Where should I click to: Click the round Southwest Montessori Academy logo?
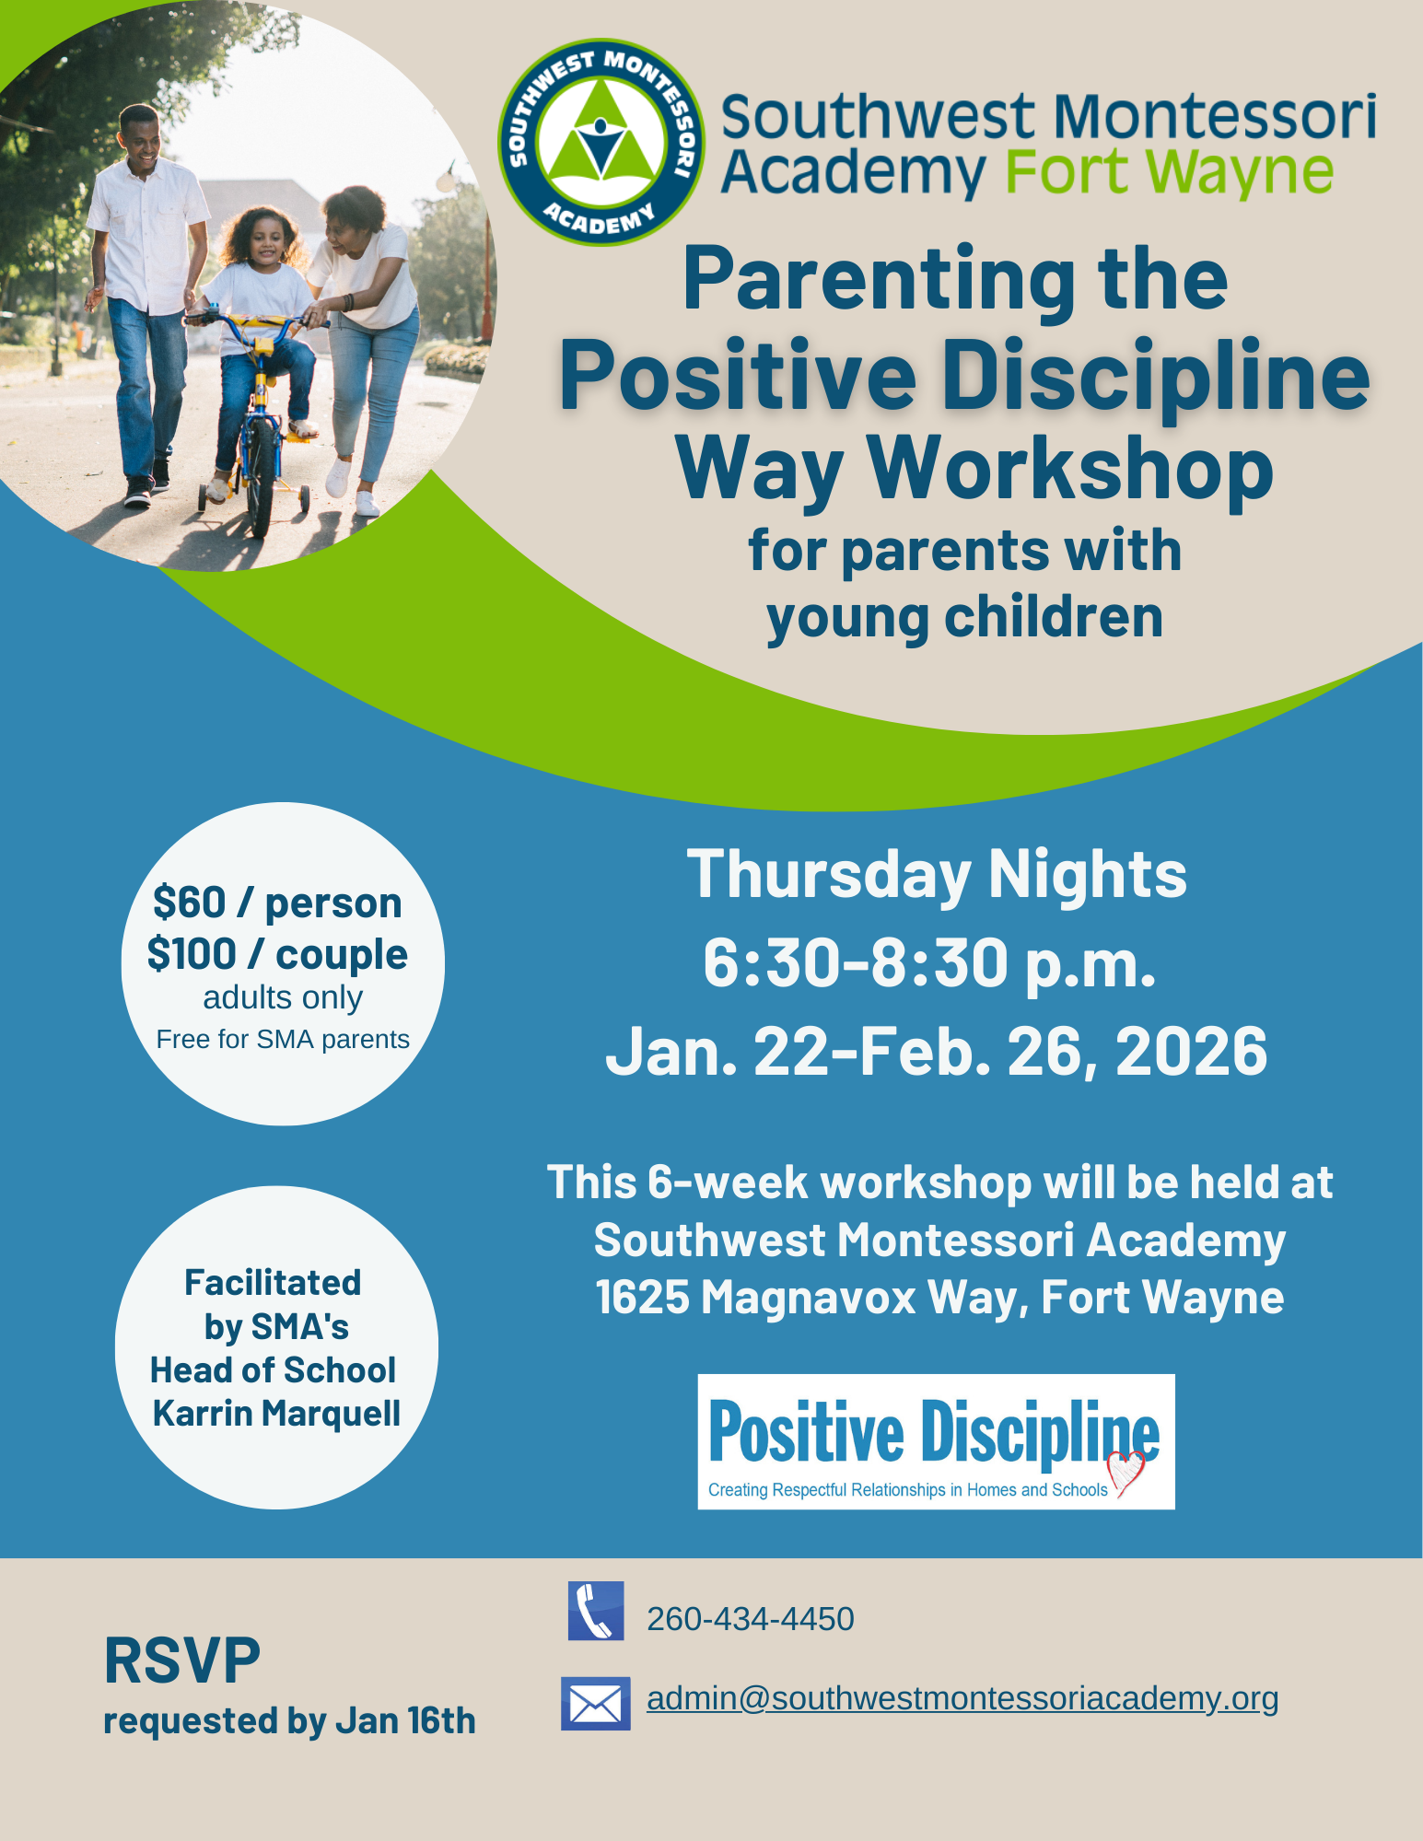tap(601, 143)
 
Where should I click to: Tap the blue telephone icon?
tap(596, 1611)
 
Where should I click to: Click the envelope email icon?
tap(596, 1703)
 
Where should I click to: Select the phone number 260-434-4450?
tap(751, 1619)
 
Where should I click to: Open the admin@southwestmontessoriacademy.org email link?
tap(962, 1698)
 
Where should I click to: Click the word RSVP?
tap(182, 1660)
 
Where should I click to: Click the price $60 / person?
tap(277, 903)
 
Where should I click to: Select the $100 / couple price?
tap(277, 954)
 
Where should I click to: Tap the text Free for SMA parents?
tap(283, 1039)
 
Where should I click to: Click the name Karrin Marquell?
tap(276, 1414)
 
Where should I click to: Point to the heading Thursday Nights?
tap(937, 875)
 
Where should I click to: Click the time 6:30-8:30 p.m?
tap(929, 963)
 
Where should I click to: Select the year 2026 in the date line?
tap(1192, 1051)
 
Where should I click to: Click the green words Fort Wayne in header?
tap(1169, 172)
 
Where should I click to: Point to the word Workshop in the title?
tap(1070, 467)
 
